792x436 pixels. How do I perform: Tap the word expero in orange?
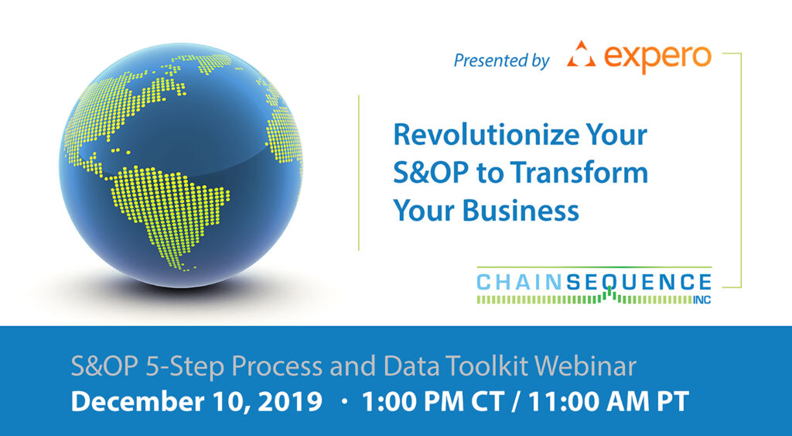(x=657, y=57)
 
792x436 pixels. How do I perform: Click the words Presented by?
(x=501, y=60)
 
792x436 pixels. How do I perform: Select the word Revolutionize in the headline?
(x=486, y=135)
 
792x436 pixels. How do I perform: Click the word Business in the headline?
(x=521, y=209)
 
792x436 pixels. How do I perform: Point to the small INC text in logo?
(x=702, y=300)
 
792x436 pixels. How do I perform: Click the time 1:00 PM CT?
(x=433, y=402)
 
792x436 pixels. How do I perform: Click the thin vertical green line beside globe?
(x=359, y=173)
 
